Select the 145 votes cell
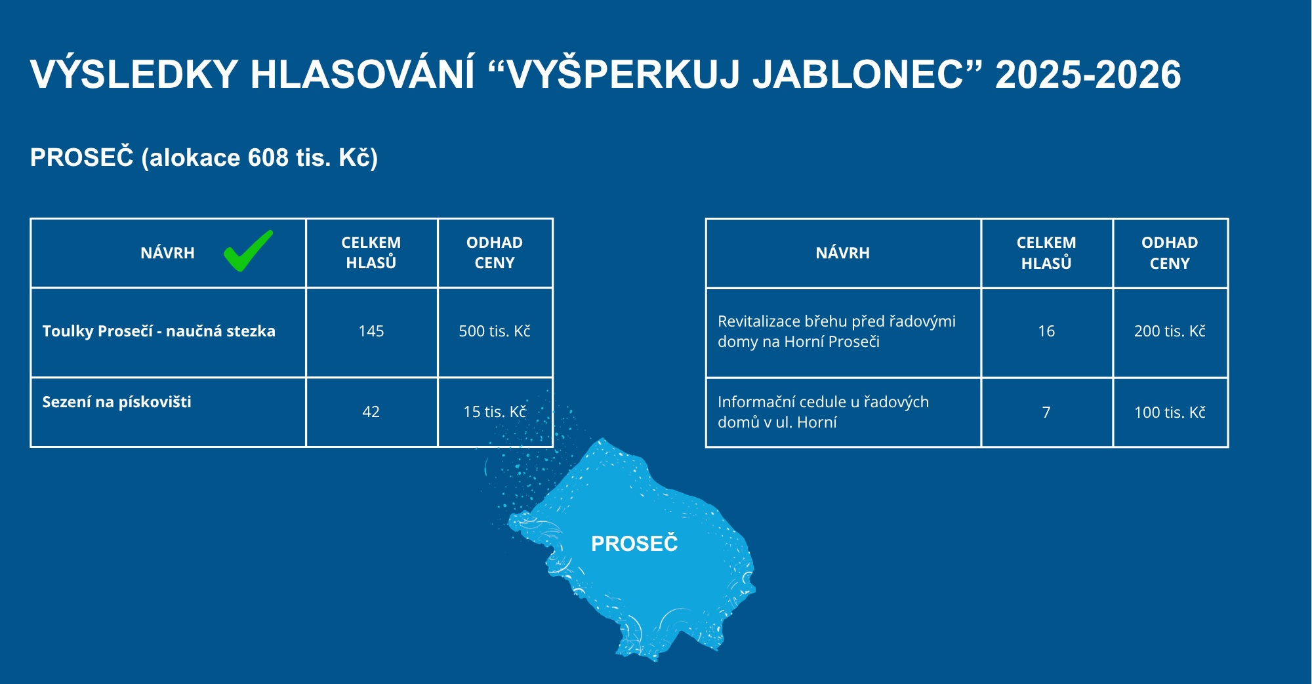tap(371, 331)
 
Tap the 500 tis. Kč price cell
tap(495, 331)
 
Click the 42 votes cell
tap(371, 412)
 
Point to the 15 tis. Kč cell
tap(495, 412)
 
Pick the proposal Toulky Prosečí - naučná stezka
tap(159, 331)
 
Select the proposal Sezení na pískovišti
tap(117, 402)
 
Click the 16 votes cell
tap(1046, 331)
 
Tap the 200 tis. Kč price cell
tap(1170, 331)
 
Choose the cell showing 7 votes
tap(1046, 412)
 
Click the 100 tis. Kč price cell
tap(1170, 412)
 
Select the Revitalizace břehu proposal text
tap(836, 331)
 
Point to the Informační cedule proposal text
tap(823, 412)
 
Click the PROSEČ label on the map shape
tap(634, 544)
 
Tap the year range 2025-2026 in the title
tap(1088, 74)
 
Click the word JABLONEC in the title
tap(859, 74)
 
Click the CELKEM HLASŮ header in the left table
tap(371, 252)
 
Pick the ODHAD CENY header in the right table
tap(1170, 252)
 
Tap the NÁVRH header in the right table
tap(843, 253)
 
